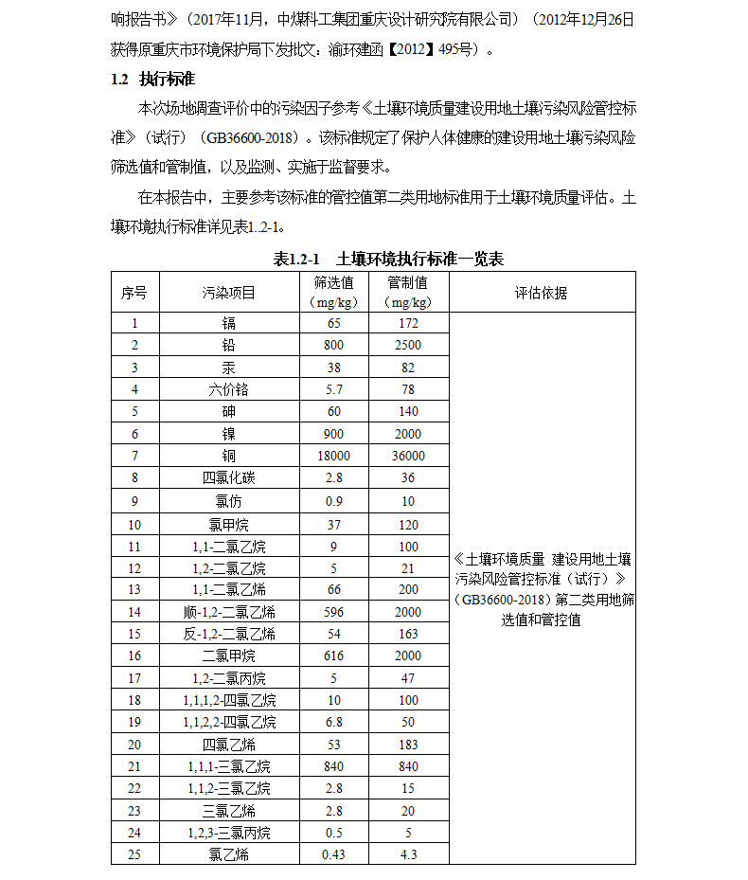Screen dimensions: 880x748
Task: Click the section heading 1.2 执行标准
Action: coord(152,79)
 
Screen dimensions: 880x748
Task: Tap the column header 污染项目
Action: coord(229,293)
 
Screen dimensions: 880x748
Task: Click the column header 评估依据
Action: coord(542,293)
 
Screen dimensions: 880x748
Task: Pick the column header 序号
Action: coord(134,293)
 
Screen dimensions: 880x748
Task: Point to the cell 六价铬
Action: coord(229,389)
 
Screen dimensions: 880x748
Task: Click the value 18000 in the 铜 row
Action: coord(334,456)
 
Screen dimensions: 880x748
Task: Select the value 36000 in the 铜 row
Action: coord(408,456)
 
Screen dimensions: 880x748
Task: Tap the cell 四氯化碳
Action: coord(229,478)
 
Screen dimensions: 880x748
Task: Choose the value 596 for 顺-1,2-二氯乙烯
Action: coord(334,612)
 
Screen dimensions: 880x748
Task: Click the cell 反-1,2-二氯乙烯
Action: coord(229,634)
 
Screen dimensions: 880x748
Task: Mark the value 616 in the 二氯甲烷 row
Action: coord(334,656)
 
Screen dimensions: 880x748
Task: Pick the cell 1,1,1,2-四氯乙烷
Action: coord(229,700)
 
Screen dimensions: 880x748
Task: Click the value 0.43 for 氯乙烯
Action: coord(334,854)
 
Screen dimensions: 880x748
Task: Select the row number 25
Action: coord(134,854)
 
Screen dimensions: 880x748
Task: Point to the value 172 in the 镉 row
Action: coord(408,324)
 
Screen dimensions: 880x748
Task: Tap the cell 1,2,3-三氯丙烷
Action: coord(229,833)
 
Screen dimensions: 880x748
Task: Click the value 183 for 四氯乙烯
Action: coord(408,745)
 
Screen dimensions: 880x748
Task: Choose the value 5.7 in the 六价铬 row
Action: coord(334,389)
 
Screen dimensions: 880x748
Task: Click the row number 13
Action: coord(134,589)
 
